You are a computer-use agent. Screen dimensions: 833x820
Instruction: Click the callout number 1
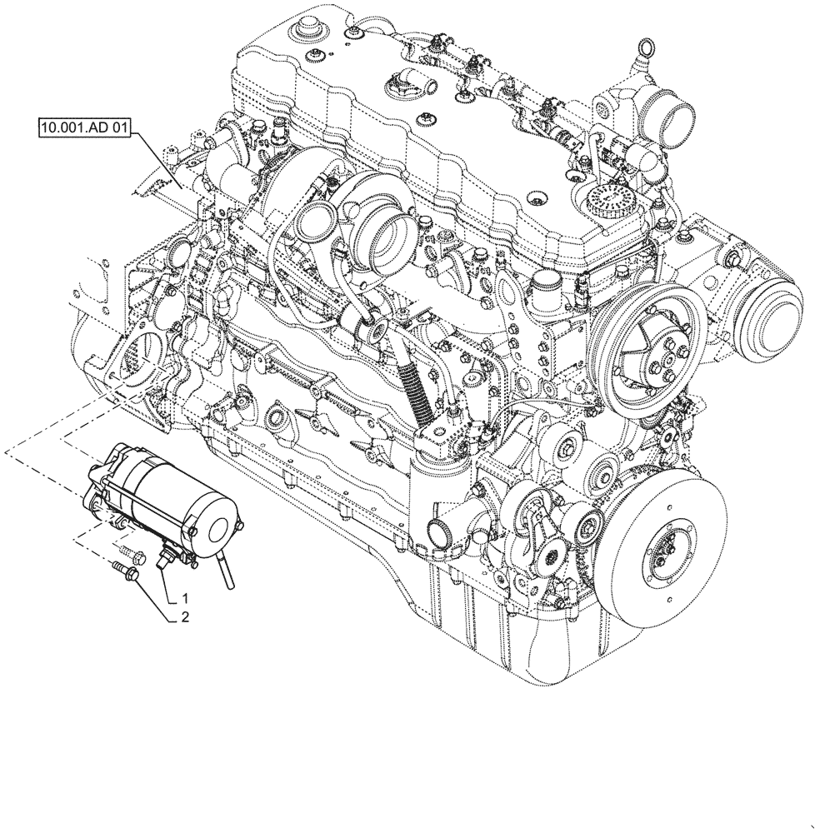(186, 598)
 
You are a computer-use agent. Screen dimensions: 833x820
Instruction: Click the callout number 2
(186, 618)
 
